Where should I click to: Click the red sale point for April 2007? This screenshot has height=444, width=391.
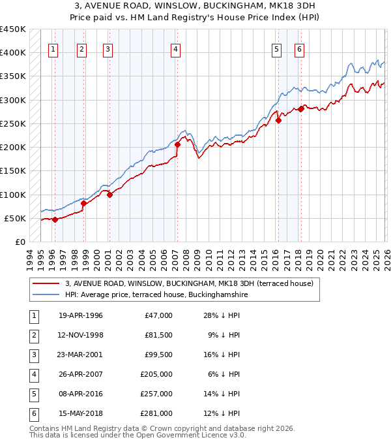(177, 145)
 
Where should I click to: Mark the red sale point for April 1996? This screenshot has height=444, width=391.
(55, 219)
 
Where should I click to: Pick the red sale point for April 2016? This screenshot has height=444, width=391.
(278, 120)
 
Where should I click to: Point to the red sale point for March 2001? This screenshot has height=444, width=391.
(109, 195)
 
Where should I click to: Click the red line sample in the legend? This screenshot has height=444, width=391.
(46, 283)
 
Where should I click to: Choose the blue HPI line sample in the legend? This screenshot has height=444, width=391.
(46, 294)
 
